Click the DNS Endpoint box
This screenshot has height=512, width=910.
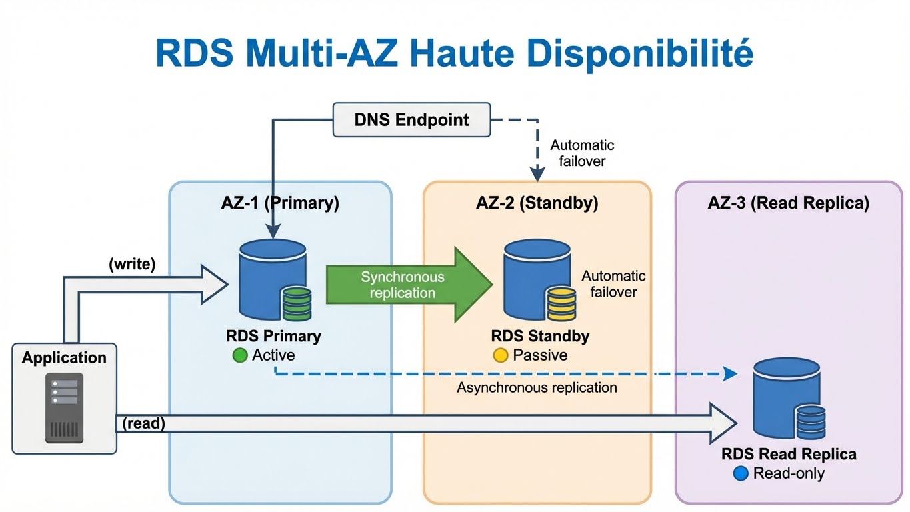click(x=411, y=120)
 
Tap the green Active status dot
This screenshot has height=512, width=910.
click(x=239, y=355)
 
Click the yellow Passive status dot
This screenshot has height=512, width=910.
click(x=500, y=355)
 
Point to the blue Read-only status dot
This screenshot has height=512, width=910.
click(x=740, y=473)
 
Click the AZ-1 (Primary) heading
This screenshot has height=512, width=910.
click(x=280, y=203)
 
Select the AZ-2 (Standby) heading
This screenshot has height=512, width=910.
click(x=537, y=203)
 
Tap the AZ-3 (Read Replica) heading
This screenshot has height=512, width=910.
click(x=788, y=203)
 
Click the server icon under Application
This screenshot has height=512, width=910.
click(x=64, y=407)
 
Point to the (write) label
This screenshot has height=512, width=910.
click(x=131, y=264)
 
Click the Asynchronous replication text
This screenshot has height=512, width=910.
click(x=537, y=387)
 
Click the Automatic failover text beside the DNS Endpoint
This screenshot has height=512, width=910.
click(x=582, y=153)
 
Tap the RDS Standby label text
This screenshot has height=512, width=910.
click(x=540, y=336)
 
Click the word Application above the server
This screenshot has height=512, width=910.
click(x=64, y=358)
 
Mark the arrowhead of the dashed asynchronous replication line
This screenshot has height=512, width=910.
click(x=732, y=374)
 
